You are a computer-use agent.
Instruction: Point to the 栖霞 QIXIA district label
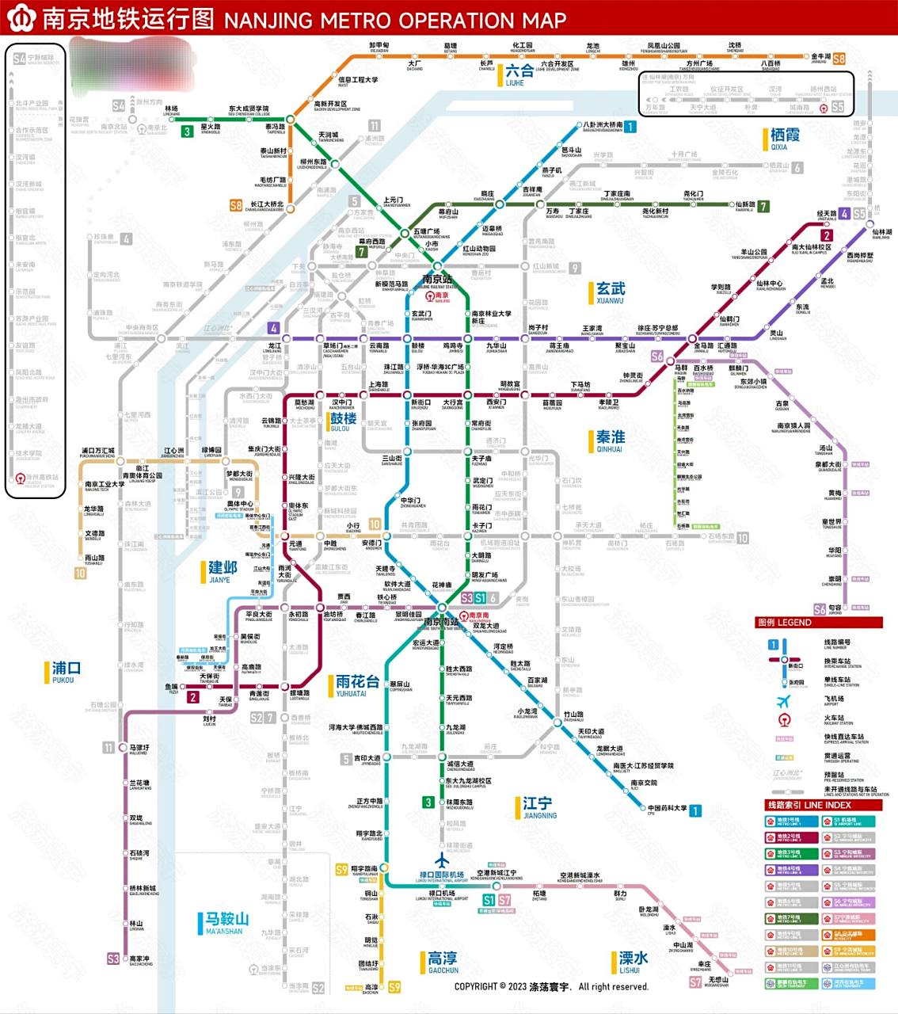(x=784, y=139)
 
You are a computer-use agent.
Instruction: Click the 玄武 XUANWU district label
(x=609, y=292)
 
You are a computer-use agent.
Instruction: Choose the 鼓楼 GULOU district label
(x=342, y=421)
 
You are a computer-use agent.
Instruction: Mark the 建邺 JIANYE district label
(x=221, y=571)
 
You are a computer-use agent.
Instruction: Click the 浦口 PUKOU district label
(x=64, y=672)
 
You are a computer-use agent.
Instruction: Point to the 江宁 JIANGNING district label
(x=538, y=807)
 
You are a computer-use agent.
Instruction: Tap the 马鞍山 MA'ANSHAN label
(x=225, y=923)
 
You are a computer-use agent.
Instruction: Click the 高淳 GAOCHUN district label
(x=441, y=963)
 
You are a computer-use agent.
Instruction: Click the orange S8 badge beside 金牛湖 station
(x=839, y=59)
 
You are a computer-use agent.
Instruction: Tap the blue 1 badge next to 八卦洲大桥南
(x=630, y=127)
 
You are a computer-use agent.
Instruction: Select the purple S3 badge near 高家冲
(x=113, y=959)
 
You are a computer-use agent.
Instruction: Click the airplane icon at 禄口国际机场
(x=442, y=861)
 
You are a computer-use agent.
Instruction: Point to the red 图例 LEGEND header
(x=818, y=623)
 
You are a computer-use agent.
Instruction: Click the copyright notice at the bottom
(x=551, y=987)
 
